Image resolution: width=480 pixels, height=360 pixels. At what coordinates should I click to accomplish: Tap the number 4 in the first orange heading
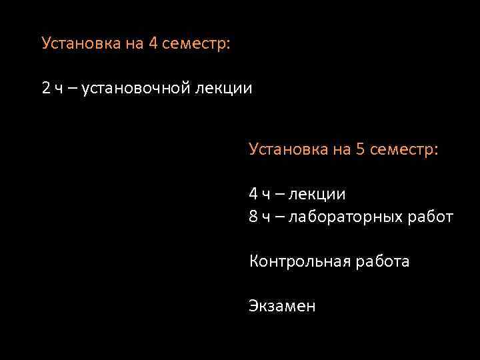coord(153,43)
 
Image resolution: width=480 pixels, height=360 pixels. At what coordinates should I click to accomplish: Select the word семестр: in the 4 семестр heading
coord(198,43)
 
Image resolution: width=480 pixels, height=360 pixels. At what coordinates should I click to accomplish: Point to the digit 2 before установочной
coord(45,87)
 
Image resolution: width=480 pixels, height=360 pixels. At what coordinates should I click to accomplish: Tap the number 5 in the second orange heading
coord(361,149)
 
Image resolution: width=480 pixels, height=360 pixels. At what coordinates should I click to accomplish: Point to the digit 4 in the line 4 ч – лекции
coord(253,194)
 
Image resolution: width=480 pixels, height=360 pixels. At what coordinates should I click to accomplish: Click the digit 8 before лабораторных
coord(253,217)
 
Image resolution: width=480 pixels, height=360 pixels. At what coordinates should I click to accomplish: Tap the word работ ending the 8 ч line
coord(432,217)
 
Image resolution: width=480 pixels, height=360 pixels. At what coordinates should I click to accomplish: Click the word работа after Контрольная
coord(381,262)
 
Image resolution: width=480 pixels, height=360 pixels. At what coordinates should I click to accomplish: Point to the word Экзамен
coord(282,306)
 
